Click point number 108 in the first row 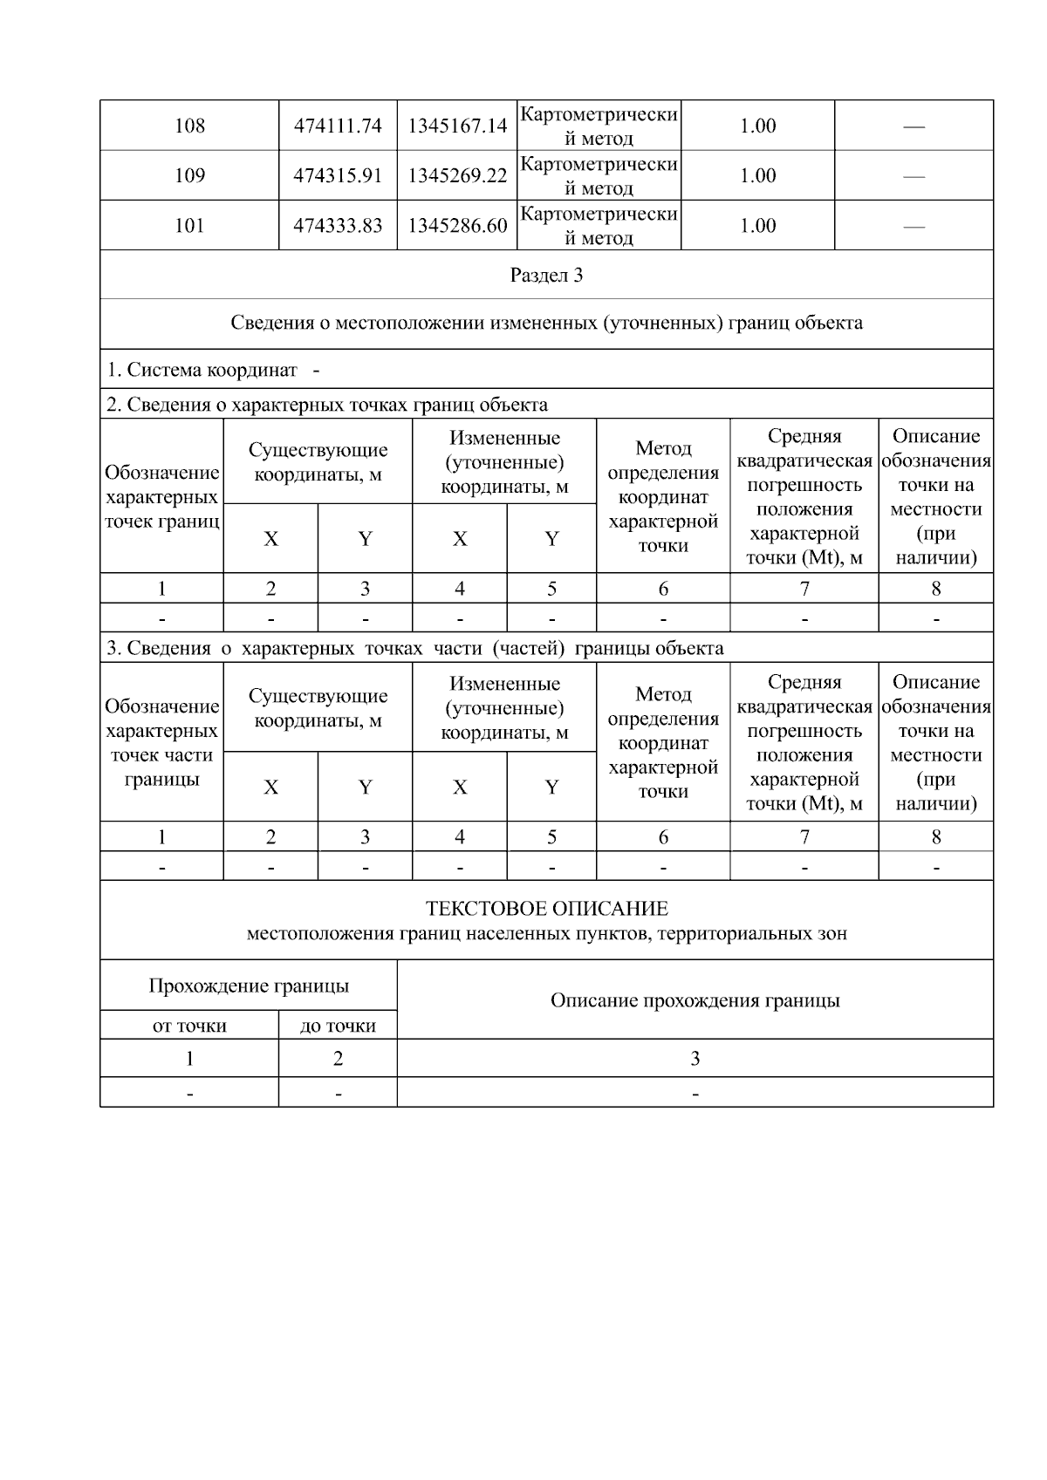(189, 126)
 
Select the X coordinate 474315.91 (338, 176)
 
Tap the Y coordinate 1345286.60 (457, 226)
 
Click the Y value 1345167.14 (457, 126)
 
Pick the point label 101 (189, 226)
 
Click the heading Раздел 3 (546, 276)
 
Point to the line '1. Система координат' (202, 370)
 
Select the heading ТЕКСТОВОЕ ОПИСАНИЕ (546, 909)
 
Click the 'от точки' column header (189, 1026)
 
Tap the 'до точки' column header (338, 1026)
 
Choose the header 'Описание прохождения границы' (695, 1000)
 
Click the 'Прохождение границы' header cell (249, 986)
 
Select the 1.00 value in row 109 (757, 176)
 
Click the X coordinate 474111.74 (338, 126)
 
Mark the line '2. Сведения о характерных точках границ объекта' (327, 405)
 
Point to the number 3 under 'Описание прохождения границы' (695, 1059)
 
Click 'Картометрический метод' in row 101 (599, 226)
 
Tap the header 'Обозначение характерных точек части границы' (161, 742)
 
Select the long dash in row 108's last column (914, 127)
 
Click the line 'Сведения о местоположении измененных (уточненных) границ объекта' (546, 324)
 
